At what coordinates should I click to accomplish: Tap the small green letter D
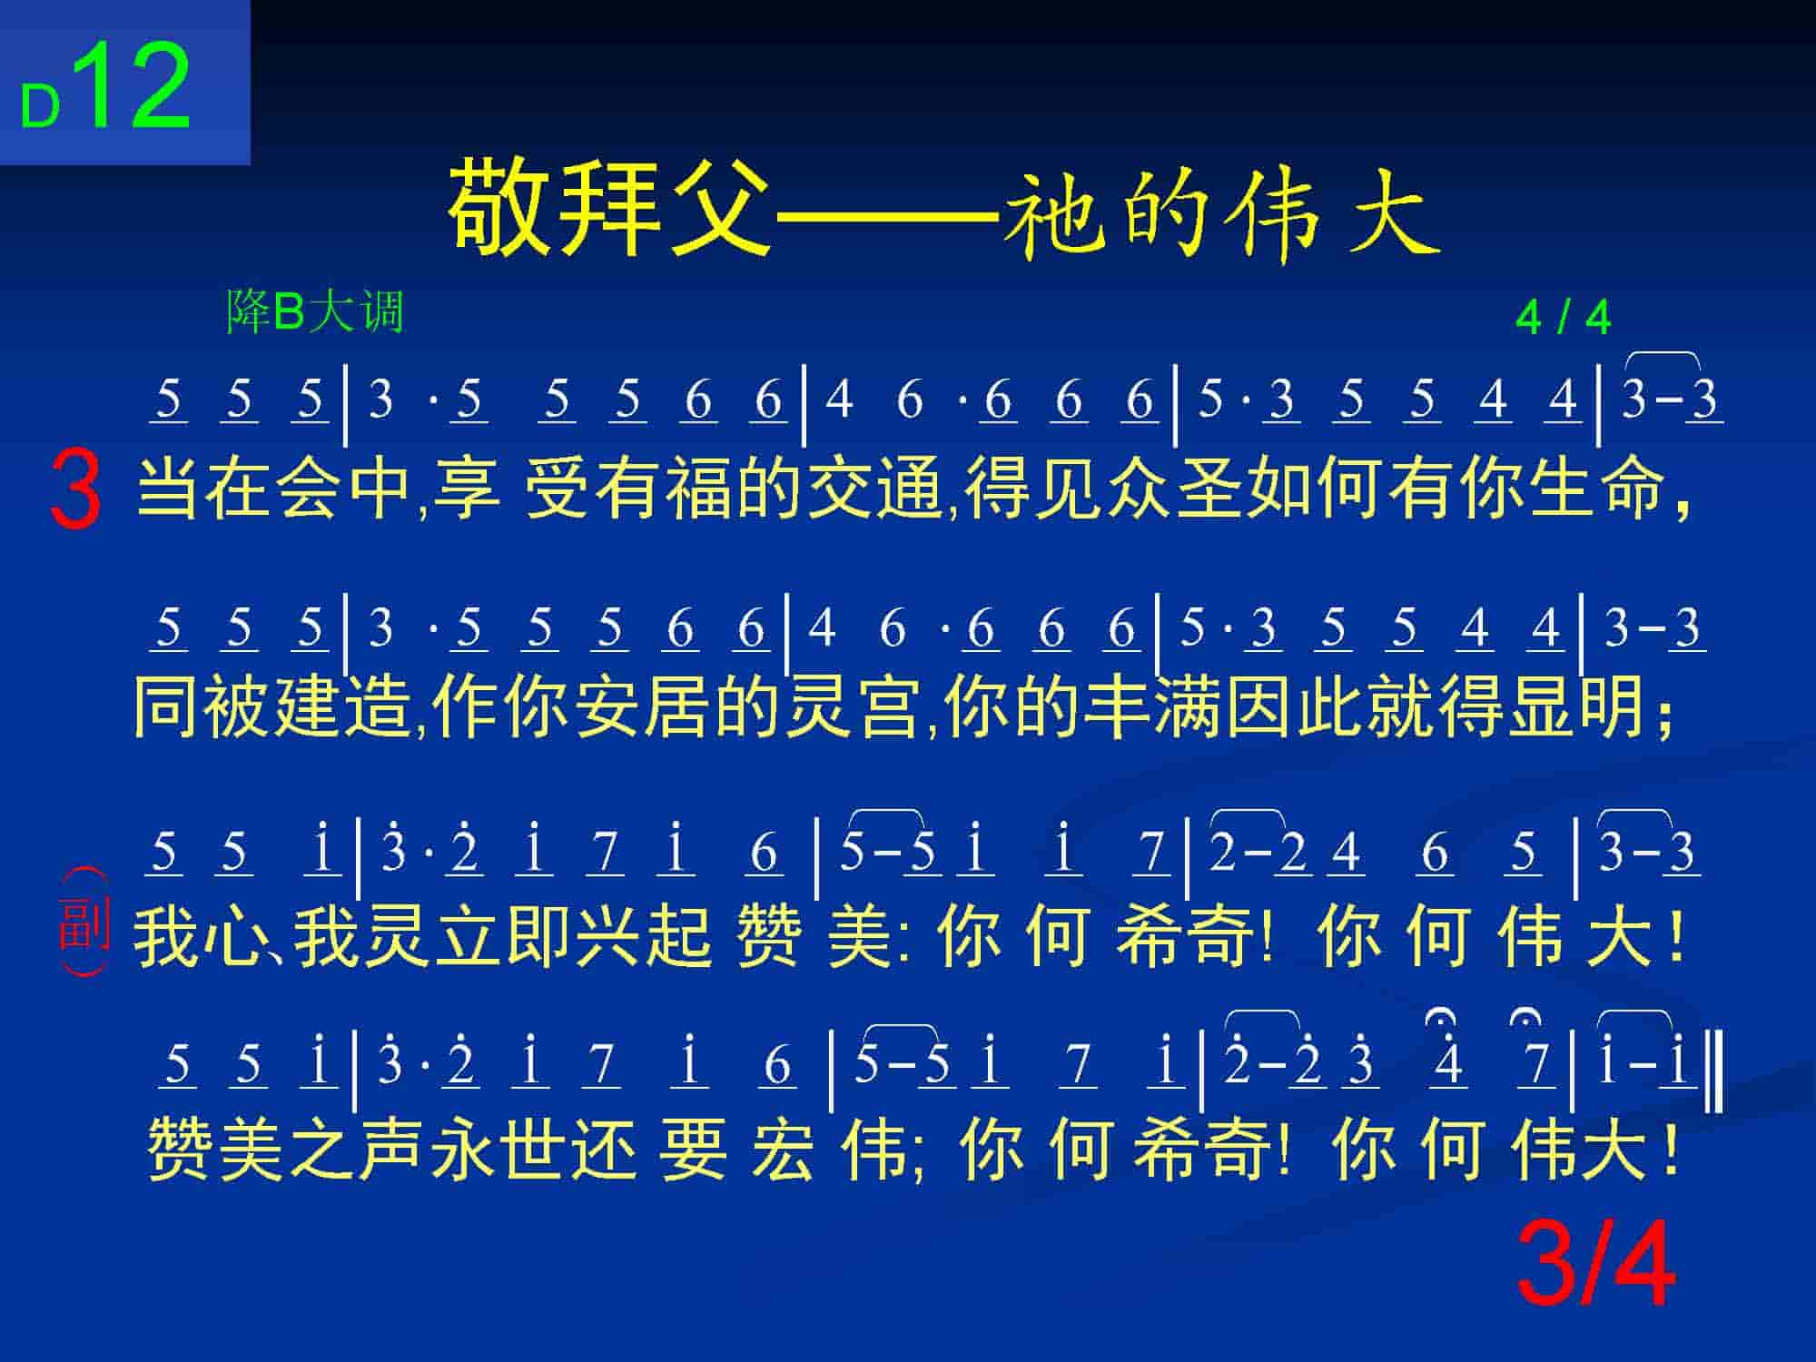tap(40, 108)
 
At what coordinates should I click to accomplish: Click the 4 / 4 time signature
tap(1563, 318)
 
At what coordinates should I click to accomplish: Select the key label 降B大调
tap(314, 311)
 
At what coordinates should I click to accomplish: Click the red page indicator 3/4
tap(1596, 1265)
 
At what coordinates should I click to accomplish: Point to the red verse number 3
tap(76, 490)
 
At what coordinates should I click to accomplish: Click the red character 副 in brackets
tap(84, 922)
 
